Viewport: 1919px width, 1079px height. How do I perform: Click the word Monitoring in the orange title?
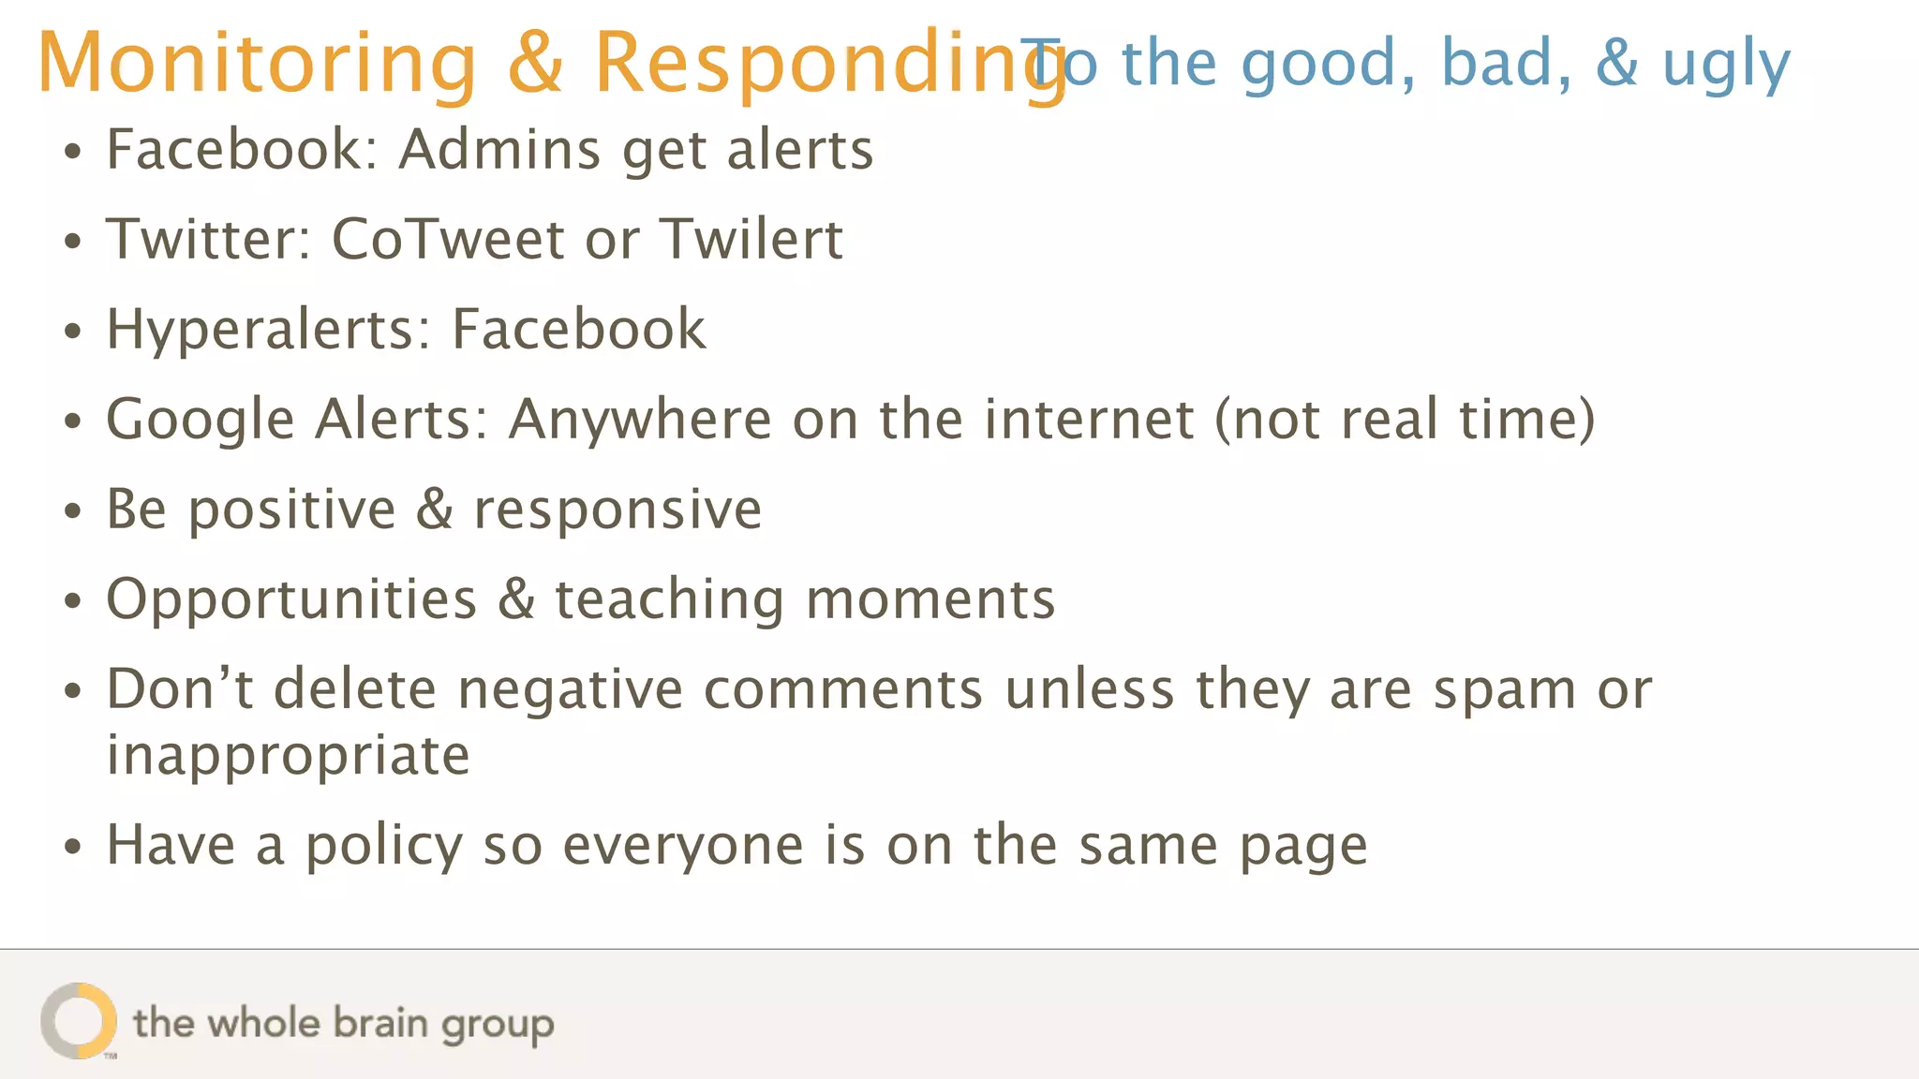click(x=257, y=64)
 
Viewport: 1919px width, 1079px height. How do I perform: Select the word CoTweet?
click(x=447, y=239)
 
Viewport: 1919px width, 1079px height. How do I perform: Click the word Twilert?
click(x=751, y=239)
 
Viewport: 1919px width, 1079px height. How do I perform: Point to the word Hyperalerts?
click(x=268, y=330)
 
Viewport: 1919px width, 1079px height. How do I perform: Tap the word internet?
click(x=1089, y=419)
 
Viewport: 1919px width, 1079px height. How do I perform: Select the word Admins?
click(x=499, y=149)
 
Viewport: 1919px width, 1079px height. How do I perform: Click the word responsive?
click(x=617, y=510)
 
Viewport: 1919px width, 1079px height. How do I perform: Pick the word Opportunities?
click(x=291, y=599)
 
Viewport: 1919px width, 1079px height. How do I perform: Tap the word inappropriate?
click(x=288, y=755)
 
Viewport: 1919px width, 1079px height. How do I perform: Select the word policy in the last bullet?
click(x=384, y=846)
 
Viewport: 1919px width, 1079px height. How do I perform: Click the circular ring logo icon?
click(x=79, y=1021)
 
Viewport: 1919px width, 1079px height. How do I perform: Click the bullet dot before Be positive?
click(x=73, y=511)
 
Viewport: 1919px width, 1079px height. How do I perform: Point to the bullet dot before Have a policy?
click(x=73, y=848)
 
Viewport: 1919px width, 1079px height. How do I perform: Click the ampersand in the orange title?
click(x=536, y=64)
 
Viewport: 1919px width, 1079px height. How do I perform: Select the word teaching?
click(x=670, y=599)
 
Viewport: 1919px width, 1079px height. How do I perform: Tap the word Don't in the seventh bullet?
click(x=179, y=690)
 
